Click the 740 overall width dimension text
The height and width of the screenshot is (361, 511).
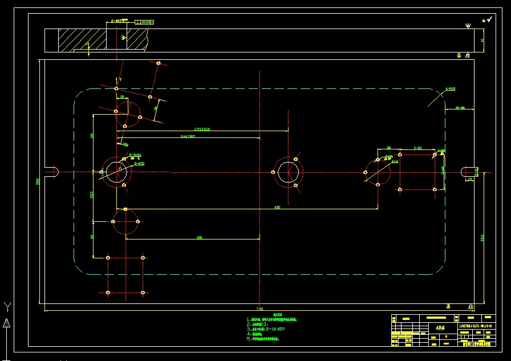(260, 309)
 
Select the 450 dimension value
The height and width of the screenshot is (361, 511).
(278, 206)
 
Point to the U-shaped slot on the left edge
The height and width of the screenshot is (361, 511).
(52, 172)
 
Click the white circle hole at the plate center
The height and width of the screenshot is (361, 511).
(289, 171)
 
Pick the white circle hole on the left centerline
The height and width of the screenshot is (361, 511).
(116, 171)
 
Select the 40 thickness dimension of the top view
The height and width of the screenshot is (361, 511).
(482, 40)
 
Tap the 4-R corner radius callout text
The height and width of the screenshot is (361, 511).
(450, 89)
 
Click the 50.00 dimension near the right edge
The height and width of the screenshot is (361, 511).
(459, 107)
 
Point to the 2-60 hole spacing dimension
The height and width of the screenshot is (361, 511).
(417, 148)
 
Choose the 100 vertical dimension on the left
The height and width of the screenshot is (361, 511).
(92, 136)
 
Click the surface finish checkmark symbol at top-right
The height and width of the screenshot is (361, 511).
(468, 26)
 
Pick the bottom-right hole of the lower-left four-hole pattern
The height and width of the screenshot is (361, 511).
(143, 292)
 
